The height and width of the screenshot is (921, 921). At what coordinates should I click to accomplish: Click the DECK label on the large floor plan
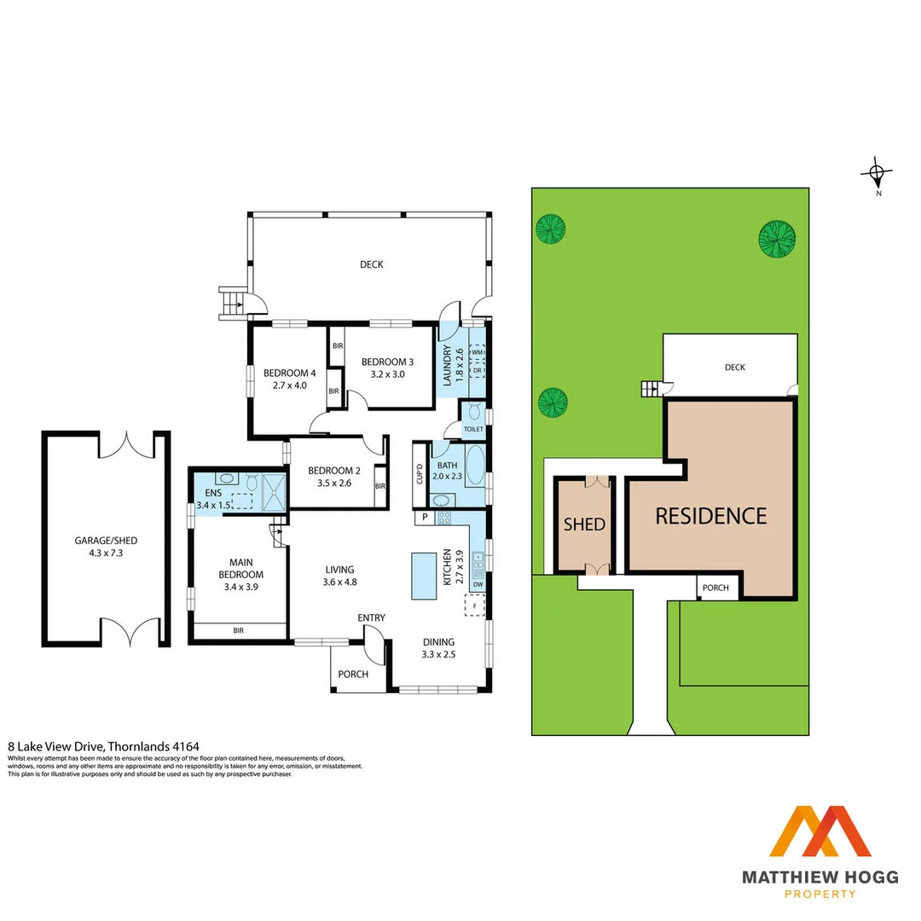(371, 264)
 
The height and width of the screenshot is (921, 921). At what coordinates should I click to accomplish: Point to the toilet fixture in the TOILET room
(473, 413)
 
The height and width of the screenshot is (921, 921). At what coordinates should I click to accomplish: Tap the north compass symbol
(877, 175)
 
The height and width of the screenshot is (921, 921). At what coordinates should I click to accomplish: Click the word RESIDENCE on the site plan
(710, 516)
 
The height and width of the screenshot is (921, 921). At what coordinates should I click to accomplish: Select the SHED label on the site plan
(584, 524)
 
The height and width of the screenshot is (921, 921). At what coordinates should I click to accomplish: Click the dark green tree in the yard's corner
(778, 238)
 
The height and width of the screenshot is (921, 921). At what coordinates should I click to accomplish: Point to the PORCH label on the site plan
(715, 588)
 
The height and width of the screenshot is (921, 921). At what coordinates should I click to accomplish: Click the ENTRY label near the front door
(371, 617)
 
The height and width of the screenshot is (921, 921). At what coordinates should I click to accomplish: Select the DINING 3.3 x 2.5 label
(438, 648)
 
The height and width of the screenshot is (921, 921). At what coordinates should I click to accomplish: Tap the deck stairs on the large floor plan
(232, 303)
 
